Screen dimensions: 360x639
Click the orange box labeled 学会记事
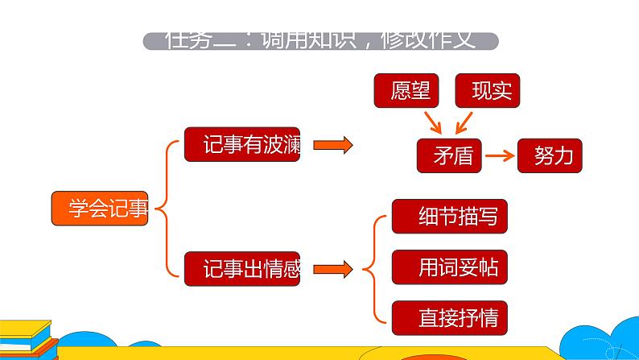click(100, 209)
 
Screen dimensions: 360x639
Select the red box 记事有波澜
click(241, 145)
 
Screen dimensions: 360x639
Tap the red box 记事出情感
click(241, 269)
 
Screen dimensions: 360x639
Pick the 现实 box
click(488, 91)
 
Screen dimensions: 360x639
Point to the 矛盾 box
click(449, 155)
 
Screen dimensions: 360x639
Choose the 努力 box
click(550, 155)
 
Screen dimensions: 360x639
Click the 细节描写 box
click(450, 217)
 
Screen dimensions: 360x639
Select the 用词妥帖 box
click(450, 267)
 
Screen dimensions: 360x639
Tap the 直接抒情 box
click(450, 317)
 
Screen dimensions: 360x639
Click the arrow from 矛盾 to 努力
click(499, 155)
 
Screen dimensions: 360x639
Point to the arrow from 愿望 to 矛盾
click(434, 122)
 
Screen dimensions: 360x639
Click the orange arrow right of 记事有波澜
click(332, 145)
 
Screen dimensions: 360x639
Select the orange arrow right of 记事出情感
click(332, 269)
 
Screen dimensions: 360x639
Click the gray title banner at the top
click(319, 41)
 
